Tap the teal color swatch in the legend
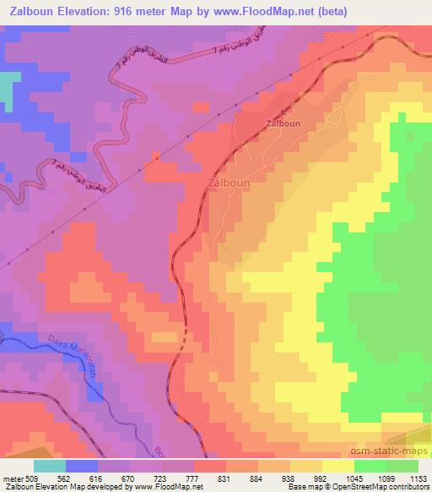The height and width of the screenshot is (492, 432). point(50,466)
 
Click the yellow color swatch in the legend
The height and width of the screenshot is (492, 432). point(338,466)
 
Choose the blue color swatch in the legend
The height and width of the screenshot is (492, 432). point(82,466)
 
